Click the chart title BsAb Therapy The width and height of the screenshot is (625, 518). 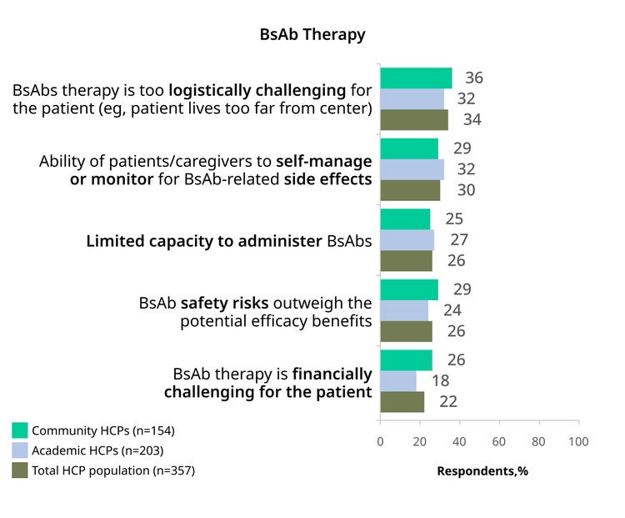312,35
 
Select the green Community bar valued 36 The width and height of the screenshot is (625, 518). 416,78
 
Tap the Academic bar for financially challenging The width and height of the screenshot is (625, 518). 398,381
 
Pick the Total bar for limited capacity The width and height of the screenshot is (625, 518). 406,261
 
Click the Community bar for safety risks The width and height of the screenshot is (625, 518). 409,289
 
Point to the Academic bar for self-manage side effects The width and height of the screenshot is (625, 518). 412,169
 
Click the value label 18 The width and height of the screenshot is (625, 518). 441,380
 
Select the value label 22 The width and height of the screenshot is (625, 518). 448,401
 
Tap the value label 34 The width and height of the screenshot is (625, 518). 472,119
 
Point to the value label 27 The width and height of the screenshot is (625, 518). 459,239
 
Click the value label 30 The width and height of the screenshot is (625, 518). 466,190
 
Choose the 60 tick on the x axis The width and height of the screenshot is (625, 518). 499,441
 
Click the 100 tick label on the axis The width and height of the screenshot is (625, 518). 578,441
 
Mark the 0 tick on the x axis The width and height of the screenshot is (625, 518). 380,441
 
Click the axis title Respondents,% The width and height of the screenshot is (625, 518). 482,471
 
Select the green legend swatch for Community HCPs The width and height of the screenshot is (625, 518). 20,430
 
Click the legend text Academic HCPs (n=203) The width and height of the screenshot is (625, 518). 97,450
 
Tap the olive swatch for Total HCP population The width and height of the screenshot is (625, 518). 20,470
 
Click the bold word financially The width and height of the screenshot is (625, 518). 332,375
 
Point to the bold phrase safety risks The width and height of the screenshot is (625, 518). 224,304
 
